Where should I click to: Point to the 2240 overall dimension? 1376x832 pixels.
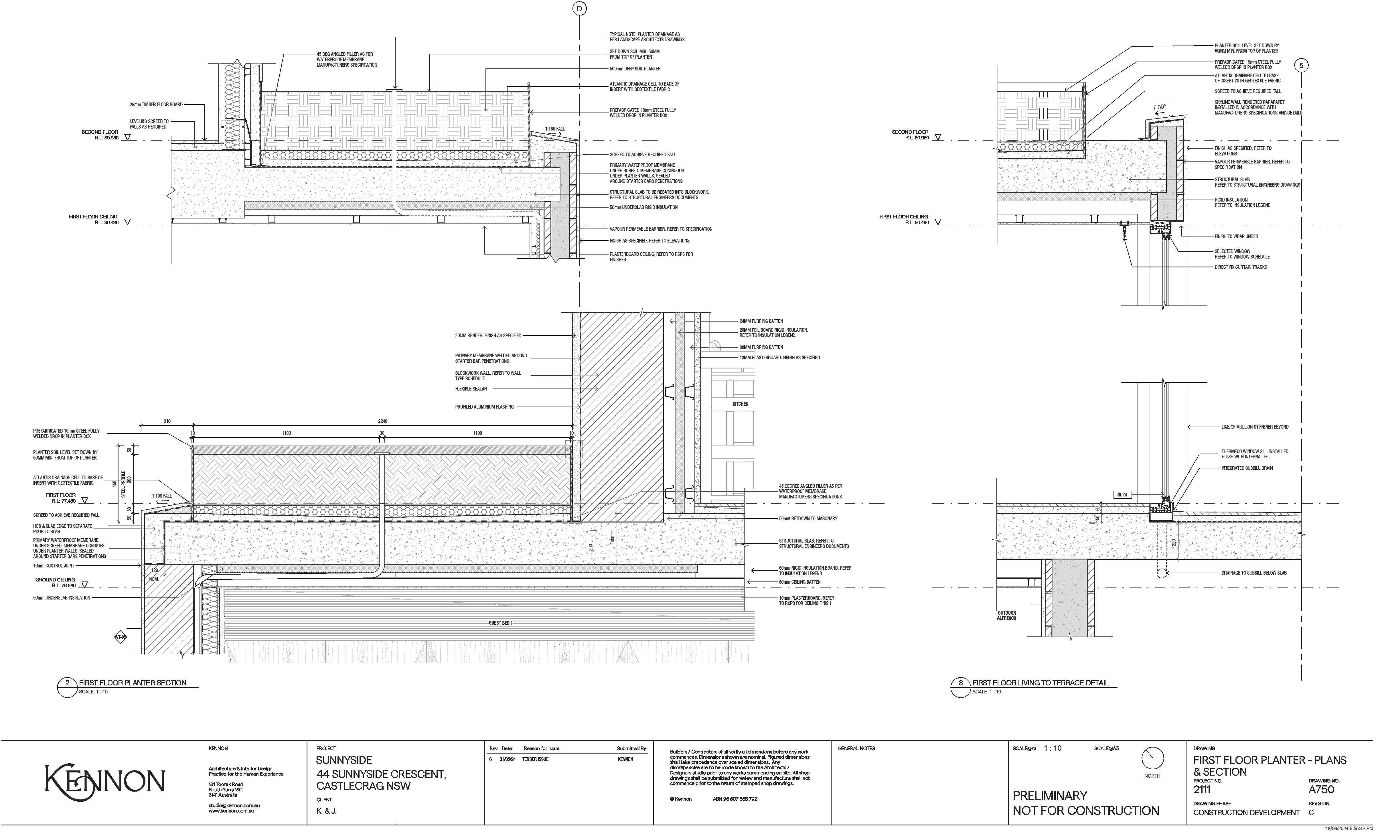382,421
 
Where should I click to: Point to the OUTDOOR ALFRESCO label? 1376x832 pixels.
1006,615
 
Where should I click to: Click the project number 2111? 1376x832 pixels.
1202,790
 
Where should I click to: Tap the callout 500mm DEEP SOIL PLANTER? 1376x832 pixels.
635,69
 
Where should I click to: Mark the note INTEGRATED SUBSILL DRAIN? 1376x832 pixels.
1246,468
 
